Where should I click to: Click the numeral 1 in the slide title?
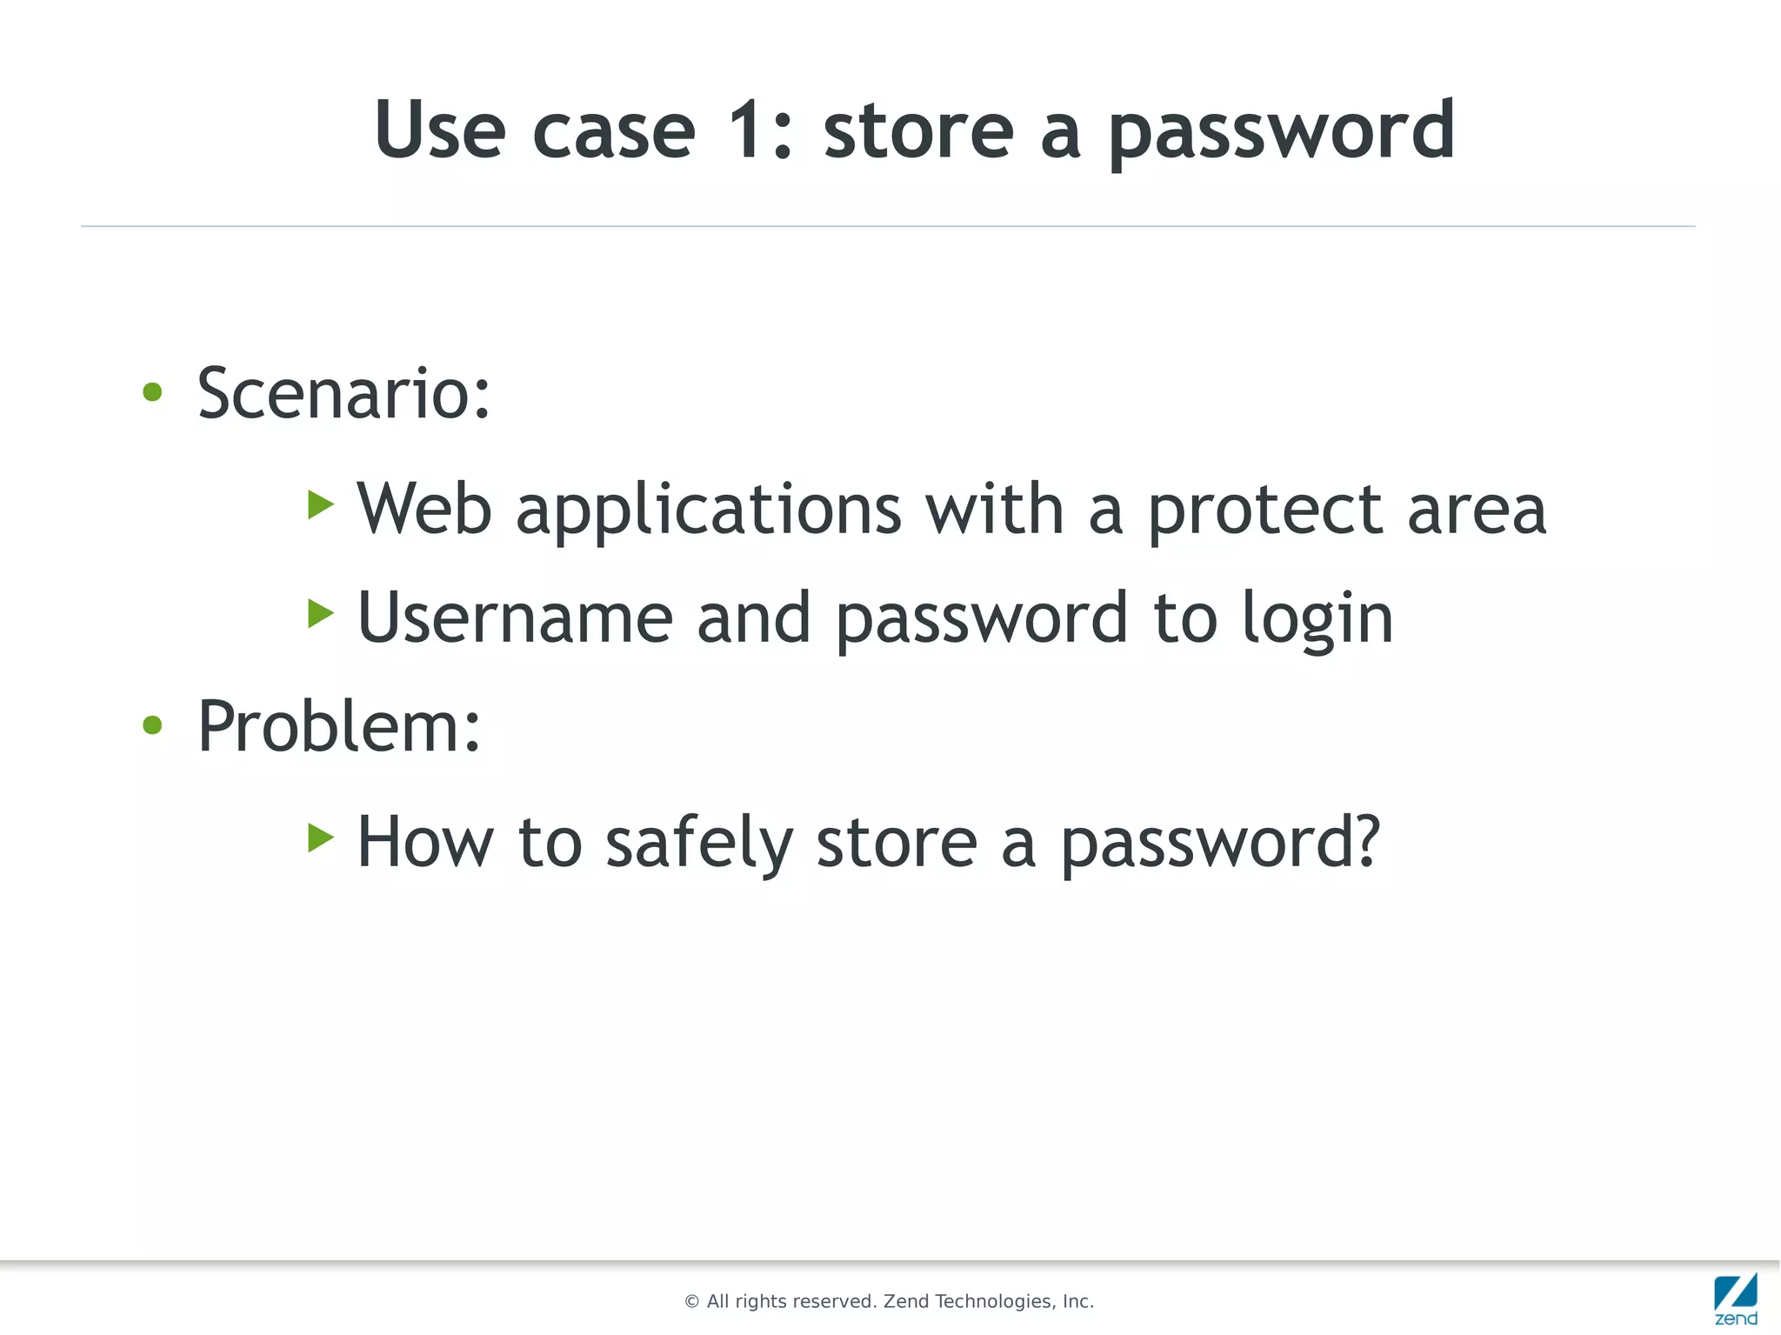coord(746,130)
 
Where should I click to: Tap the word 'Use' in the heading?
coord(439,130)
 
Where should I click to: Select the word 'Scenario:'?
coord(344,394)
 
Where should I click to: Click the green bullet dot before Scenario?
coord(152,392)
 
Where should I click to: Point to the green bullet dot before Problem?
coord(152,724)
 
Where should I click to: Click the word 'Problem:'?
coord(338,726)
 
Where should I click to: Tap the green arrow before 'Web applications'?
coord(321,504)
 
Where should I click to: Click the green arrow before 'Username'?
coord(321,613)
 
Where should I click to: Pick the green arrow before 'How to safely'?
coord(321,838)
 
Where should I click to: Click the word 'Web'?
coord(424,509)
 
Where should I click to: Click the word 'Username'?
coord(515,618)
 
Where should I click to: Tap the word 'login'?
coord(1317,620)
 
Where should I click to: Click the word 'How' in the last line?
coord(425,842)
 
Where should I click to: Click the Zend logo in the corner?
coord(1736,1299)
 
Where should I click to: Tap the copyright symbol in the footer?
coord(692,1302)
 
